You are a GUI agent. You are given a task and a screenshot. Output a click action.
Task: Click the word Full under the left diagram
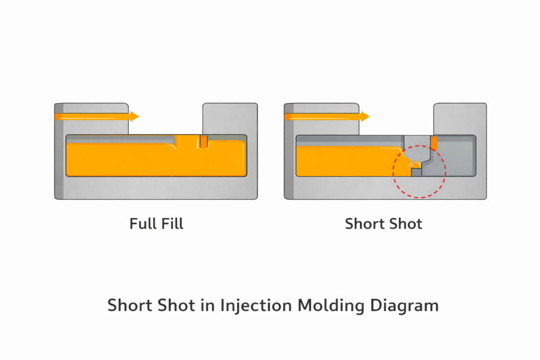(x=141, y=223)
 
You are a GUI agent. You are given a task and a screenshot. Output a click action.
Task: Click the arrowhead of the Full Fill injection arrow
(x=134, y=116)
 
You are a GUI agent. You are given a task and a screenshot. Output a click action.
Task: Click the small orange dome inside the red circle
(x=416, y=165)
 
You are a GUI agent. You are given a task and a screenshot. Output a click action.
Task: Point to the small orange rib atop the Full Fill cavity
(x=204, y=141)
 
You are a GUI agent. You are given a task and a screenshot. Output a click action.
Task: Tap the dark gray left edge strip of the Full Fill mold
(x=59, y=158)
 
